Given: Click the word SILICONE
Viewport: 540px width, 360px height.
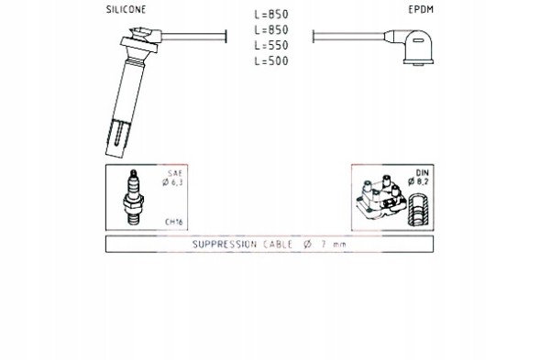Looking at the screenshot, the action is point(126,10).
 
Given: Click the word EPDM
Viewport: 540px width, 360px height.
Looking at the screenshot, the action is point(421,10).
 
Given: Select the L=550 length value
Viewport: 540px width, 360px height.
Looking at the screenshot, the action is point(271,46).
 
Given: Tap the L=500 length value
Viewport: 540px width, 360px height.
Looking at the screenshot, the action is point(271,61).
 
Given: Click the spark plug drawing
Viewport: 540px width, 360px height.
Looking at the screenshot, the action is point(133,197).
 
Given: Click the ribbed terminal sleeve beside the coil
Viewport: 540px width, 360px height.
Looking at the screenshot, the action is point(418,210).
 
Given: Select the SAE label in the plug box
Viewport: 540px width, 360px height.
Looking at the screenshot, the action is point(175,173).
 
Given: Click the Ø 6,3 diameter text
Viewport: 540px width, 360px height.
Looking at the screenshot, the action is point(172,182).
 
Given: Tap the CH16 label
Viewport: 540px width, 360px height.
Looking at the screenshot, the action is point(173,222).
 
